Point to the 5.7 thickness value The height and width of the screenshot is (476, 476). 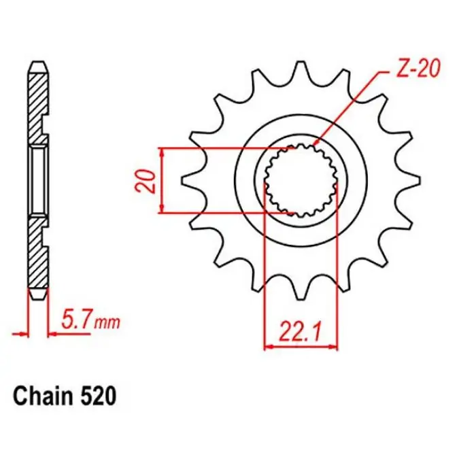(x=77, y=318)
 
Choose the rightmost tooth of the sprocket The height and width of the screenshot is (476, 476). (x=409, y=181)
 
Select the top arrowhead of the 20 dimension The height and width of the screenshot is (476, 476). (x=161, y=152)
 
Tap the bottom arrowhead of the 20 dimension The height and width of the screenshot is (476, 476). (x=161, y=210)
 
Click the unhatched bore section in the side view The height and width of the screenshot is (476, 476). (x=39, y=181)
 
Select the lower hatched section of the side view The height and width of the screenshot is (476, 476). (x=39, y=252)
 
